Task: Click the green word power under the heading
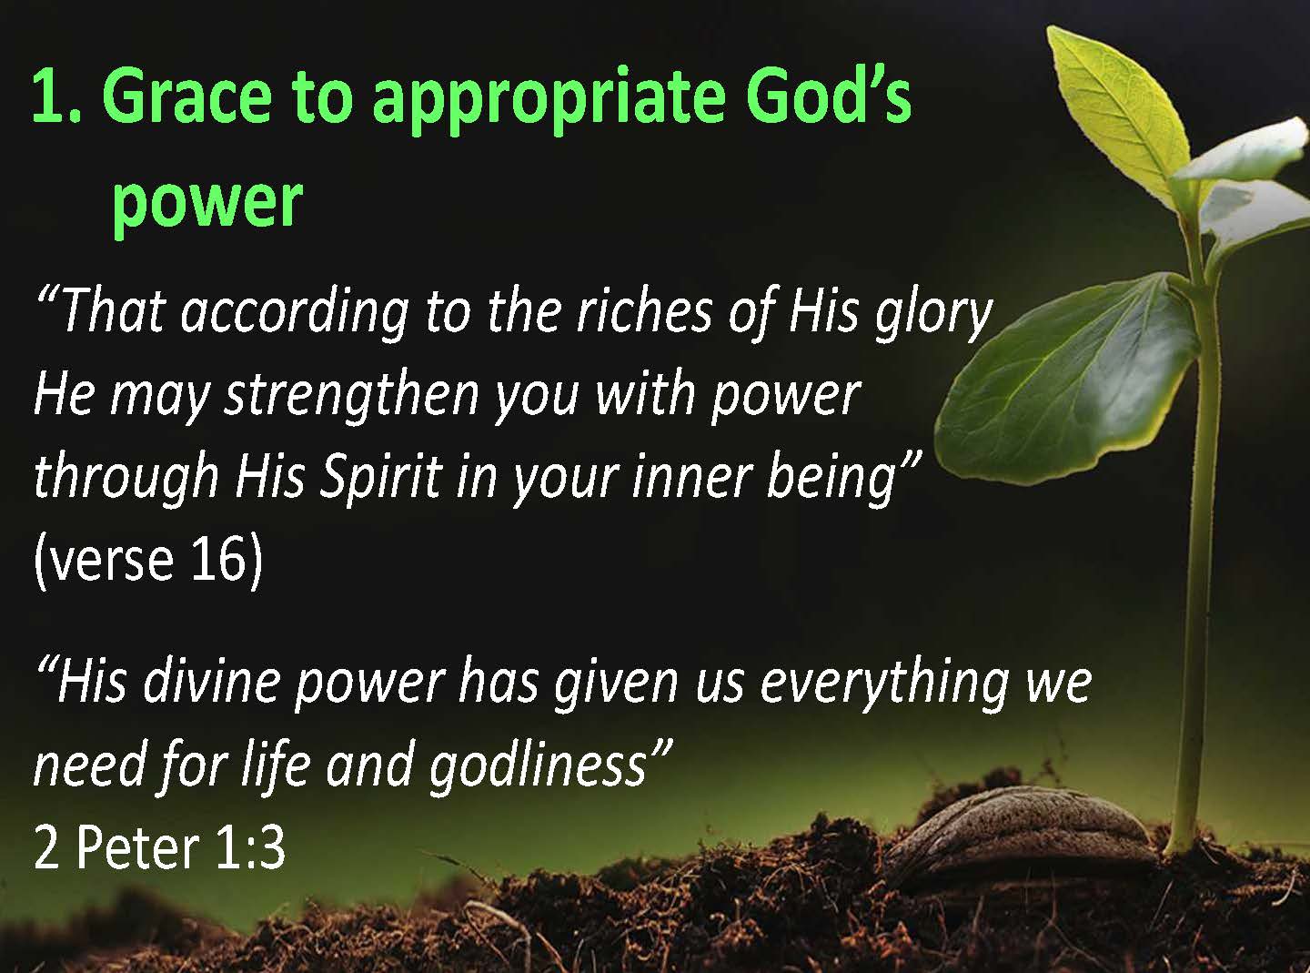(x=208, y=205)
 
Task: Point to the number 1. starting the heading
(x=56, y=96)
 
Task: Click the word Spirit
(x=381, y=480)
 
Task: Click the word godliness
(x=537, y=768)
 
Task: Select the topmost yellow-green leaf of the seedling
(x=1116, y=112)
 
